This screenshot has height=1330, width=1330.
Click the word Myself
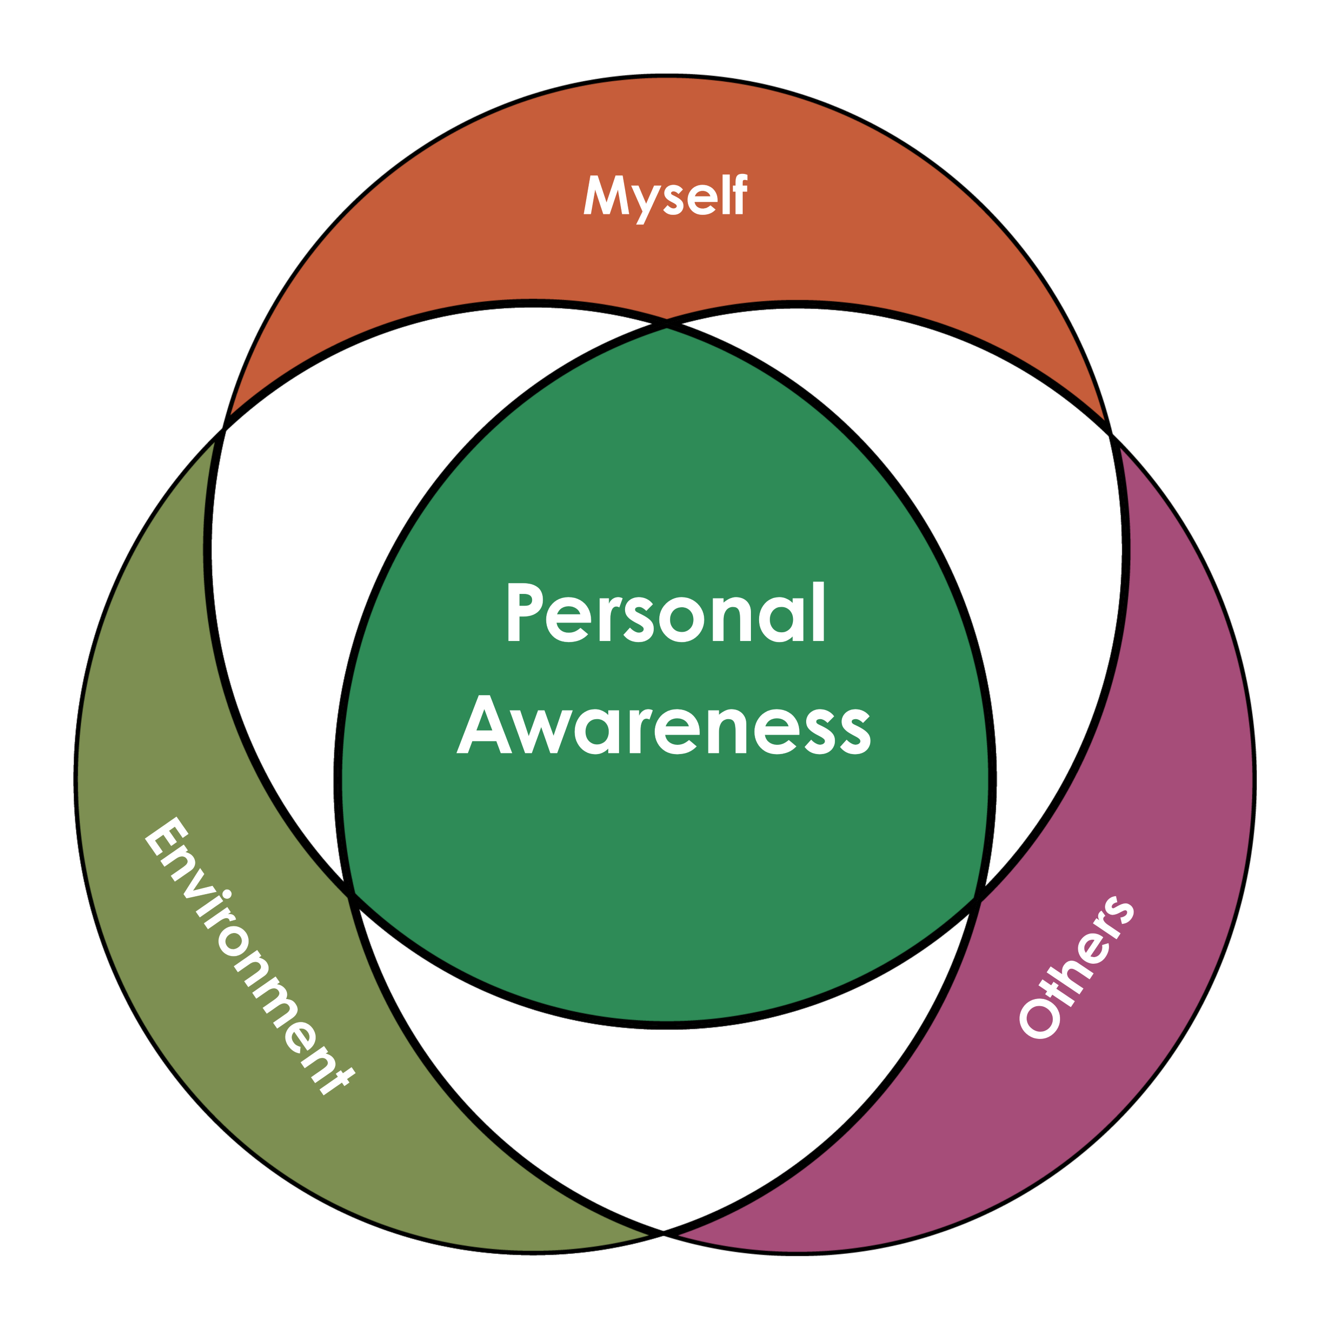pos(665,197)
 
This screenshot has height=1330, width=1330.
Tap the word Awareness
pos(663,724)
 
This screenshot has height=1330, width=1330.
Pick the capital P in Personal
pos(523,612)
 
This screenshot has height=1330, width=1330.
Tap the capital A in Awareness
pos(484,724)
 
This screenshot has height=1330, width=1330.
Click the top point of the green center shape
pos(667,329)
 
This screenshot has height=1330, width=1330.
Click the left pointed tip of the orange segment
pos(231,414)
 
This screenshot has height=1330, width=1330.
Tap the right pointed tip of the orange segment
pos(1104,419)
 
